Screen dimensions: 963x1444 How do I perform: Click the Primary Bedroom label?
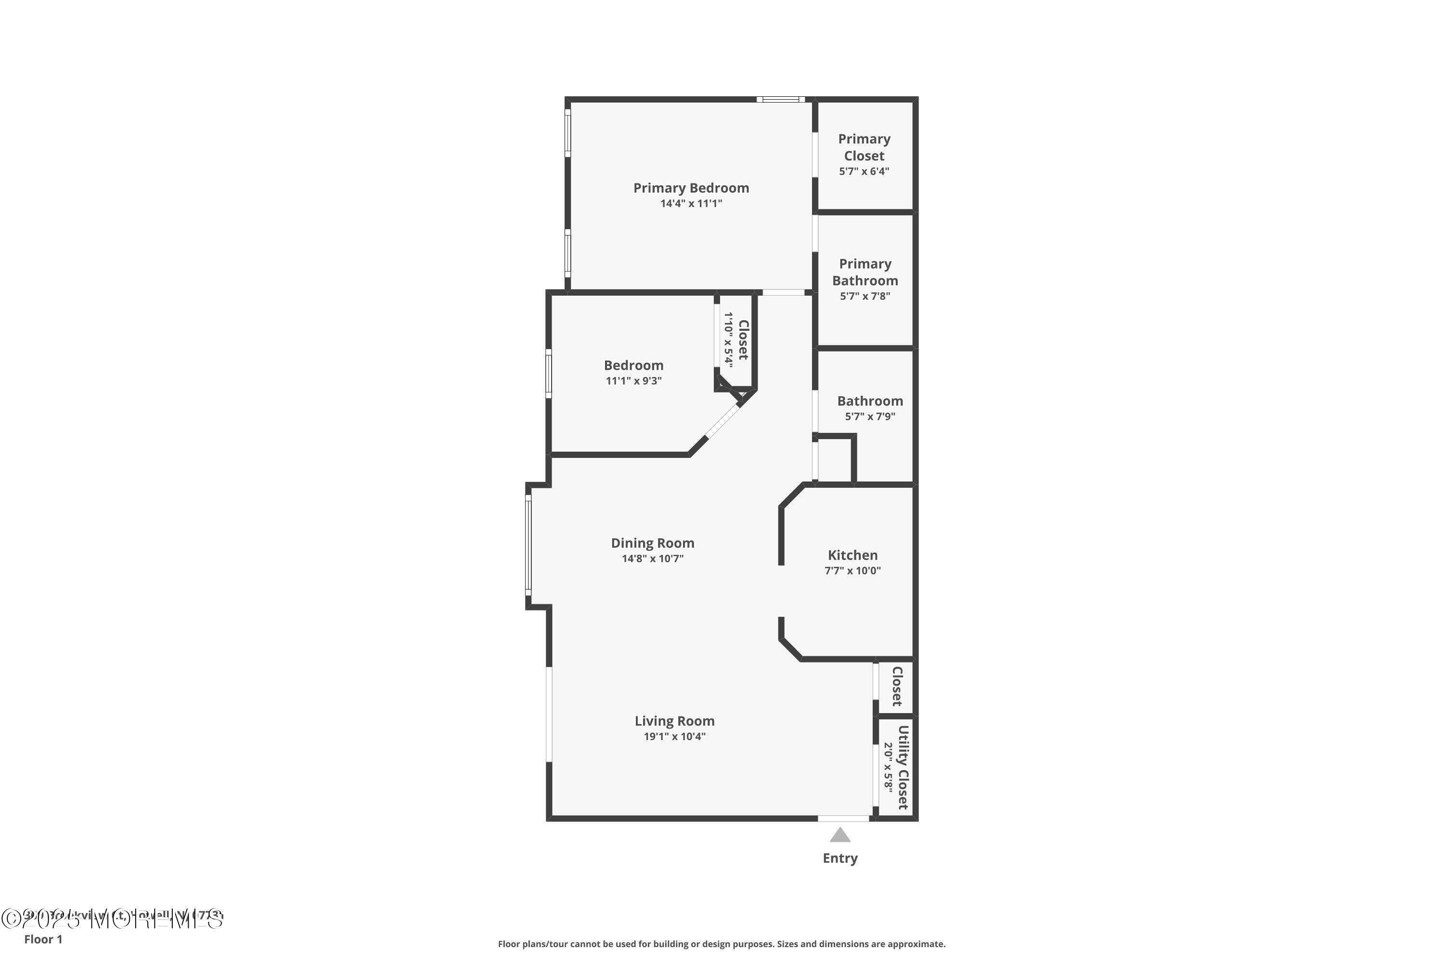691,188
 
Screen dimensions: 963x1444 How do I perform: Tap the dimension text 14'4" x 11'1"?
691,204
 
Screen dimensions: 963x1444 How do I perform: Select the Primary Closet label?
864,147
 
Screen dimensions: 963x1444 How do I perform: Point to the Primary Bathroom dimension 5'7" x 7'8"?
864,297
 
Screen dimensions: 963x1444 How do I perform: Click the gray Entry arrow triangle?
840,835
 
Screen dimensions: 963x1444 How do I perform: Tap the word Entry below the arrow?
840,859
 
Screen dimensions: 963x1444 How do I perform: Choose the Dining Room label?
652,543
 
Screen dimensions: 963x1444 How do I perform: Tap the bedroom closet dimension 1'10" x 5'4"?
728,339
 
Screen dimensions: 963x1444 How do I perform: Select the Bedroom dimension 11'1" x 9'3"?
633,381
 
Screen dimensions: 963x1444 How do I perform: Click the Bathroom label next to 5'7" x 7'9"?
869,401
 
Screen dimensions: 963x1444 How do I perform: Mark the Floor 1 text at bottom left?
43,939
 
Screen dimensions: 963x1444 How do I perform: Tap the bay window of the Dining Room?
528,546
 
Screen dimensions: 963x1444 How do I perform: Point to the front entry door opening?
843,818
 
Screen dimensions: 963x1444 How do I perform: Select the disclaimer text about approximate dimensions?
722,944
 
